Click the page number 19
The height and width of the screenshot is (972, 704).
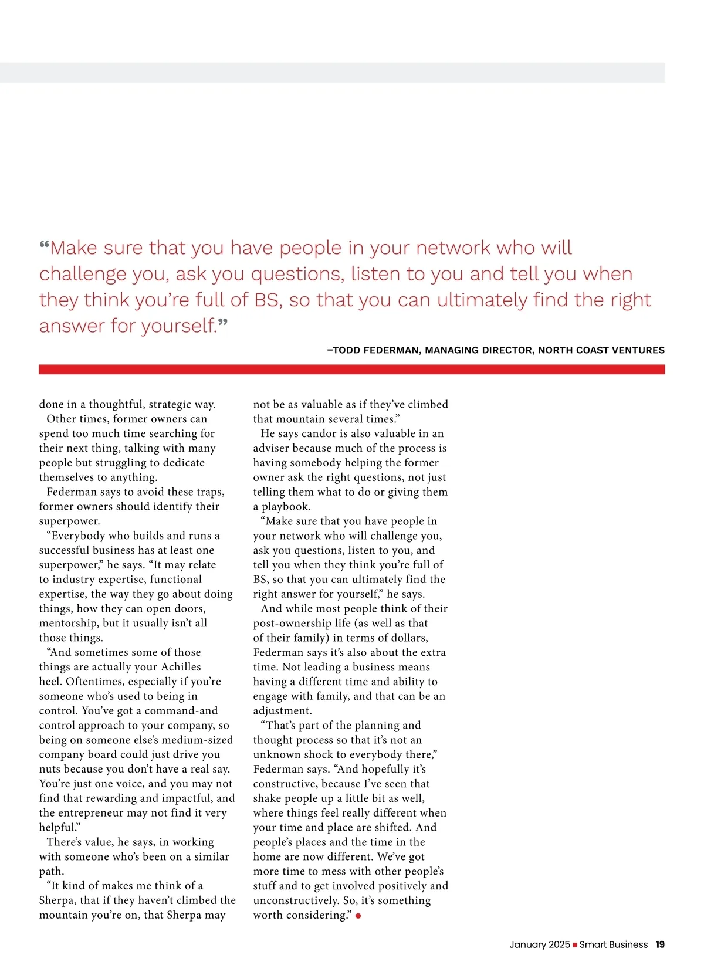tap(660, 944)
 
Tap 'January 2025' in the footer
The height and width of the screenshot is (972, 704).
tap(539, 944)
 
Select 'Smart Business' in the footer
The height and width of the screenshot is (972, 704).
tap(613, 944)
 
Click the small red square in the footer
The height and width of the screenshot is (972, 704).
tap(575, 945)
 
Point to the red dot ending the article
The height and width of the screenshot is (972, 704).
tap(358, 916)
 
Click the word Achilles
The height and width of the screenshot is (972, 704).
tap(181, 667)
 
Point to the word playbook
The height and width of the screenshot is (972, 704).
tap(286, 507)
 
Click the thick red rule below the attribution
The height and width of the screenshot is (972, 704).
tap(352, 370)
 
